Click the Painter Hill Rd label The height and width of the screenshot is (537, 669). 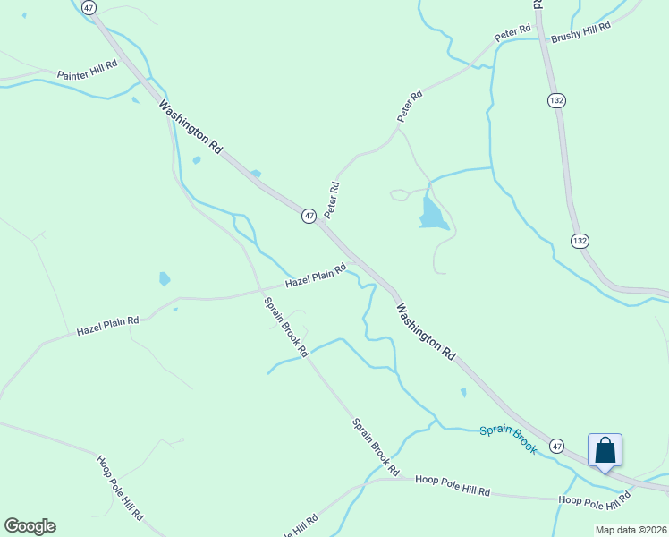point(88,71)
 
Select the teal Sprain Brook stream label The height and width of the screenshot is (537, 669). point(508,439)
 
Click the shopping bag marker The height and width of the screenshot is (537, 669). point(605,450)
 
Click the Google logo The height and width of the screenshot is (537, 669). point(30,526)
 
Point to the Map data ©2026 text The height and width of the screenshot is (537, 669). point(631,530)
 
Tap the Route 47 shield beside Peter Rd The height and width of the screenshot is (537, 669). point(309,217)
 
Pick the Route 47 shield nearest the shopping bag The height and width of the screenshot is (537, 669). point(557,445)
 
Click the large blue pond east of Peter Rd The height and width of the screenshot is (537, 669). point(432,214)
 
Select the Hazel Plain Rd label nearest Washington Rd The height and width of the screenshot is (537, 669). point(316,276)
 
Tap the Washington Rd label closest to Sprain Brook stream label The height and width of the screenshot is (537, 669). point(426,331)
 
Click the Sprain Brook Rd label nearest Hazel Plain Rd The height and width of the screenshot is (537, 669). point(286,326)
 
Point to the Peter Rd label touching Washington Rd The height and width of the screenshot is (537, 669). point(333,200)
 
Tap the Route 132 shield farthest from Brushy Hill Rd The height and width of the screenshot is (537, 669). point(580,241)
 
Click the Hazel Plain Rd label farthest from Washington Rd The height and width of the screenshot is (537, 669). point(107,325)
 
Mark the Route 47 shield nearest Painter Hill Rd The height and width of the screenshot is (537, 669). point(88,7)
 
